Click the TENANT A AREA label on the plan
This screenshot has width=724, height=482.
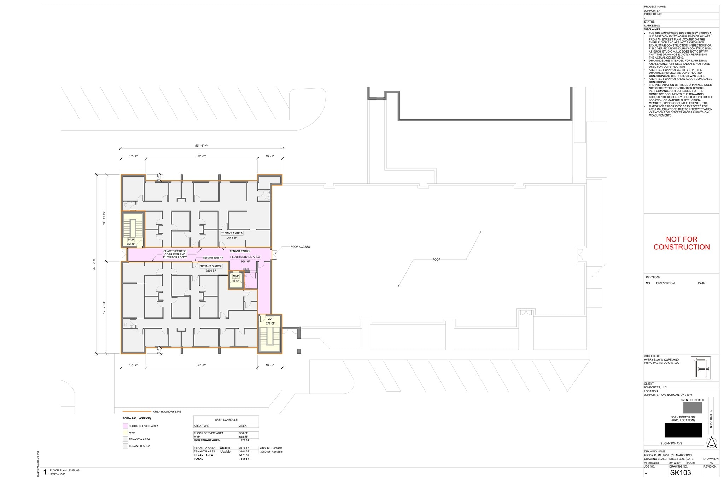click(x=232, y=233)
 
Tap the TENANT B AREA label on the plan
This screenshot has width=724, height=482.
click(x=211, y=266)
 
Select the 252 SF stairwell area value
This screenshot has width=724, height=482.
click(x=131, y=244)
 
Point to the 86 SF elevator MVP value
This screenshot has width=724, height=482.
click(x=235, y=281)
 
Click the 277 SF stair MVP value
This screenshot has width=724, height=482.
click(x=270, y=323)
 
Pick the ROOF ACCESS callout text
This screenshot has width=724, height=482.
click(x=300, y=247)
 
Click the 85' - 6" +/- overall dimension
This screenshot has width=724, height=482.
click(x=202, y=145)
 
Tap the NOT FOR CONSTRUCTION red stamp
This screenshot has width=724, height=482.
click(x=681, y=243)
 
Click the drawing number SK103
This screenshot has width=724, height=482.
click(x=680, y=472)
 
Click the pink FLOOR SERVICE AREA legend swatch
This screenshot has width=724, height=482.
click(x=125, y=426)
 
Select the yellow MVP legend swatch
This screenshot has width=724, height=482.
click(x=125, y=433)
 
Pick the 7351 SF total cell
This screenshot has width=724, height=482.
click(x=244, y=459)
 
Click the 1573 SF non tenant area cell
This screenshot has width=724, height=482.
click(x=244, y=440)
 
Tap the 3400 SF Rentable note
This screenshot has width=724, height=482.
click(x=271, y=448)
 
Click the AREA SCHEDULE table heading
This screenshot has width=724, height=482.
click(x=226, y=419)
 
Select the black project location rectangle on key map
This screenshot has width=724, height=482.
click(x=683, y=430)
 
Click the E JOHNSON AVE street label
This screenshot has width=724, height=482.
click(x=671, y=443)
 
